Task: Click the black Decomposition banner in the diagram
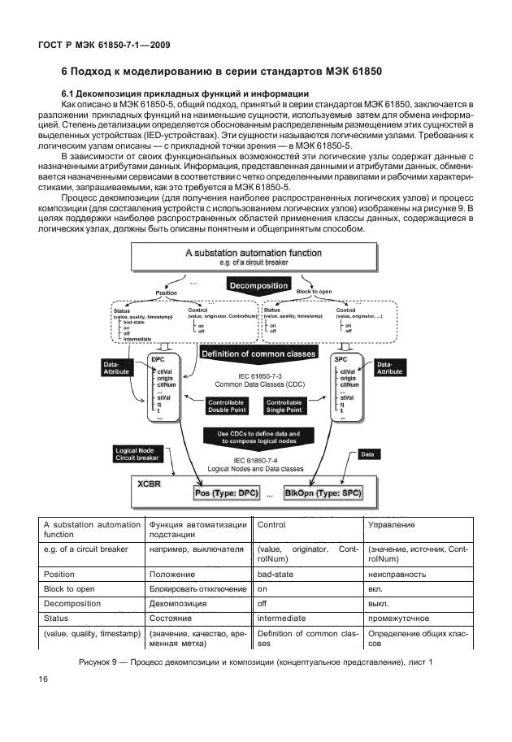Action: [259, 286]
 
